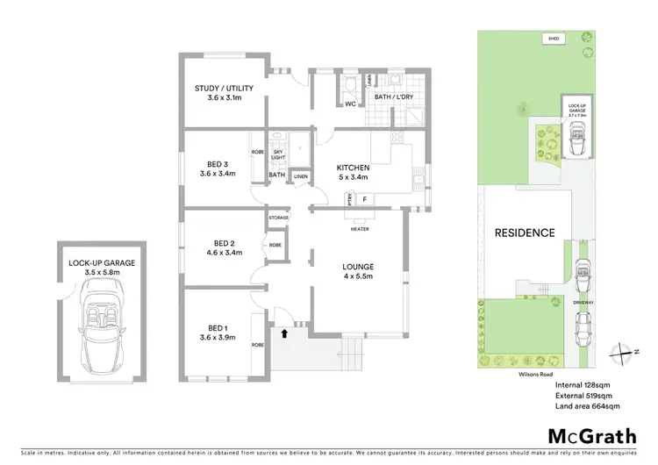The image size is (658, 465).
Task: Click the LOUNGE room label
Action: (358, 266)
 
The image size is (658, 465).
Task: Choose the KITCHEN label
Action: (354, 168)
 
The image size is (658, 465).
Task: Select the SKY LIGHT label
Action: (276, 154)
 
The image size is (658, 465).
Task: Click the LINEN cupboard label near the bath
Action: (300, 176)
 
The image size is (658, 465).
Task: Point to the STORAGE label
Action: (279, 216)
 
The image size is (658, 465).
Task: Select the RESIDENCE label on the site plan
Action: (524, 232)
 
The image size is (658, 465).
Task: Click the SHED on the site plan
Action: (554, 39)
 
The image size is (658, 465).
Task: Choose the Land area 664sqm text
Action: (588, 405)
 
